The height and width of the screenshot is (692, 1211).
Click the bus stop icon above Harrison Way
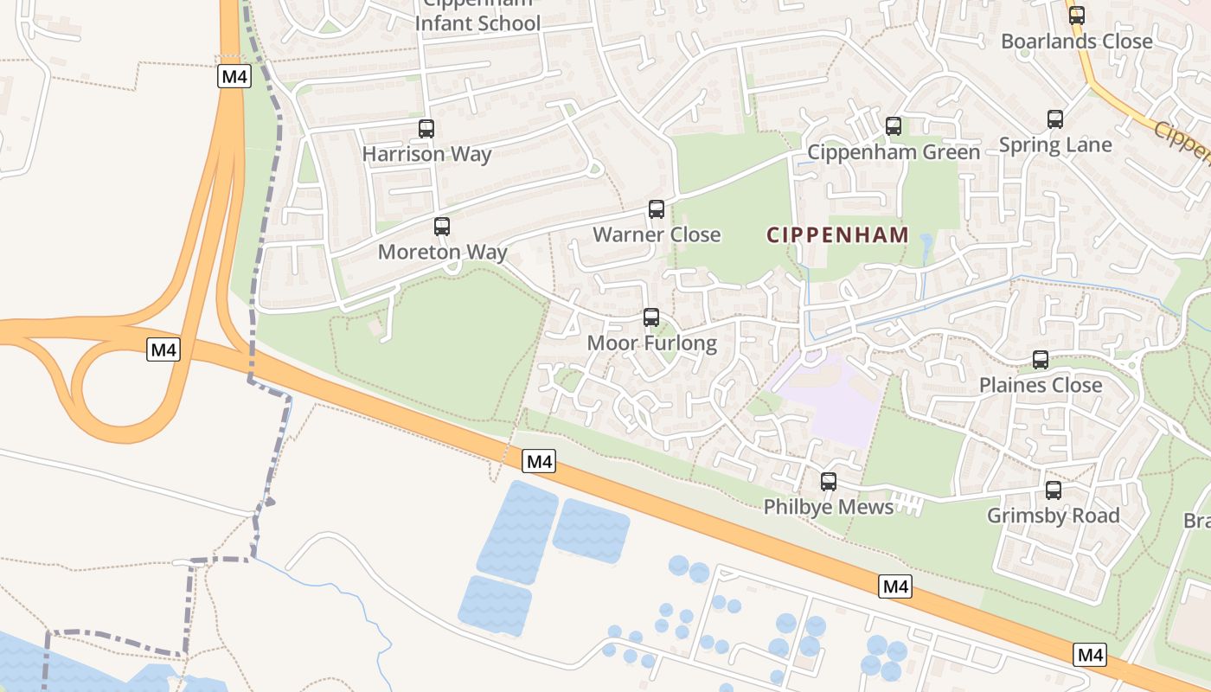click(426, 129)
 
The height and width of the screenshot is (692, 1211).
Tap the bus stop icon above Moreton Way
click(442, 227)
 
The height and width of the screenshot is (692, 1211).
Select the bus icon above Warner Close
click(657, 209)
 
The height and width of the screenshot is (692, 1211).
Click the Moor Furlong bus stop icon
click(651, 317)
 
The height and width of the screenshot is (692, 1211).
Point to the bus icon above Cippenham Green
click(894, 126)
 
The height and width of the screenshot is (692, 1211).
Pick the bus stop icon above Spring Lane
click(1055, 119)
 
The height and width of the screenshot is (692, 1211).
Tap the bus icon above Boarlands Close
click(1077, 15)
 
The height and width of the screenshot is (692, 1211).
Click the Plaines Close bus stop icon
click(1041, 360)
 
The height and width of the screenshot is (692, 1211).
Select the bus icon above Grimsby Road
click(1054, 490)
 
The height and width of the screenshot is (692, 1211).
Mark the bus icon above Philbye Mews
click(829, 482)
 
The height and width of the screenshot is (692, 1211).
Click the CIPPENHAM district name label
click(837, 234)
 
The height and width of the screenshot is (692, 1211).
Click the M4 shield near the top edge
click(234, 76)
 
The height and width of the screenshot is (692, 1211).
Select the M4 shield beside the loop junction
click(163, 350)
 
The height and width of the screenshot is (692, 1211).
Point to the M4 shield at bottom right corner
click(1090, 655)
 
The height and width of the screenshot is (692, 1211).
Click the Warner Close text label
click(657, 234)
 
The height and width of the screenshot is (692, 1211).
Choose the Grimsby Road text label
click(1054, 516)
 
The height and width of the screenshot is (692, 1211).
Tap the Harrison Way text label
click(426, 154)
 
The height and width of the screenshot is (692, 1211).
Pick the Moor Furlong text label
click(651, 343)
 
